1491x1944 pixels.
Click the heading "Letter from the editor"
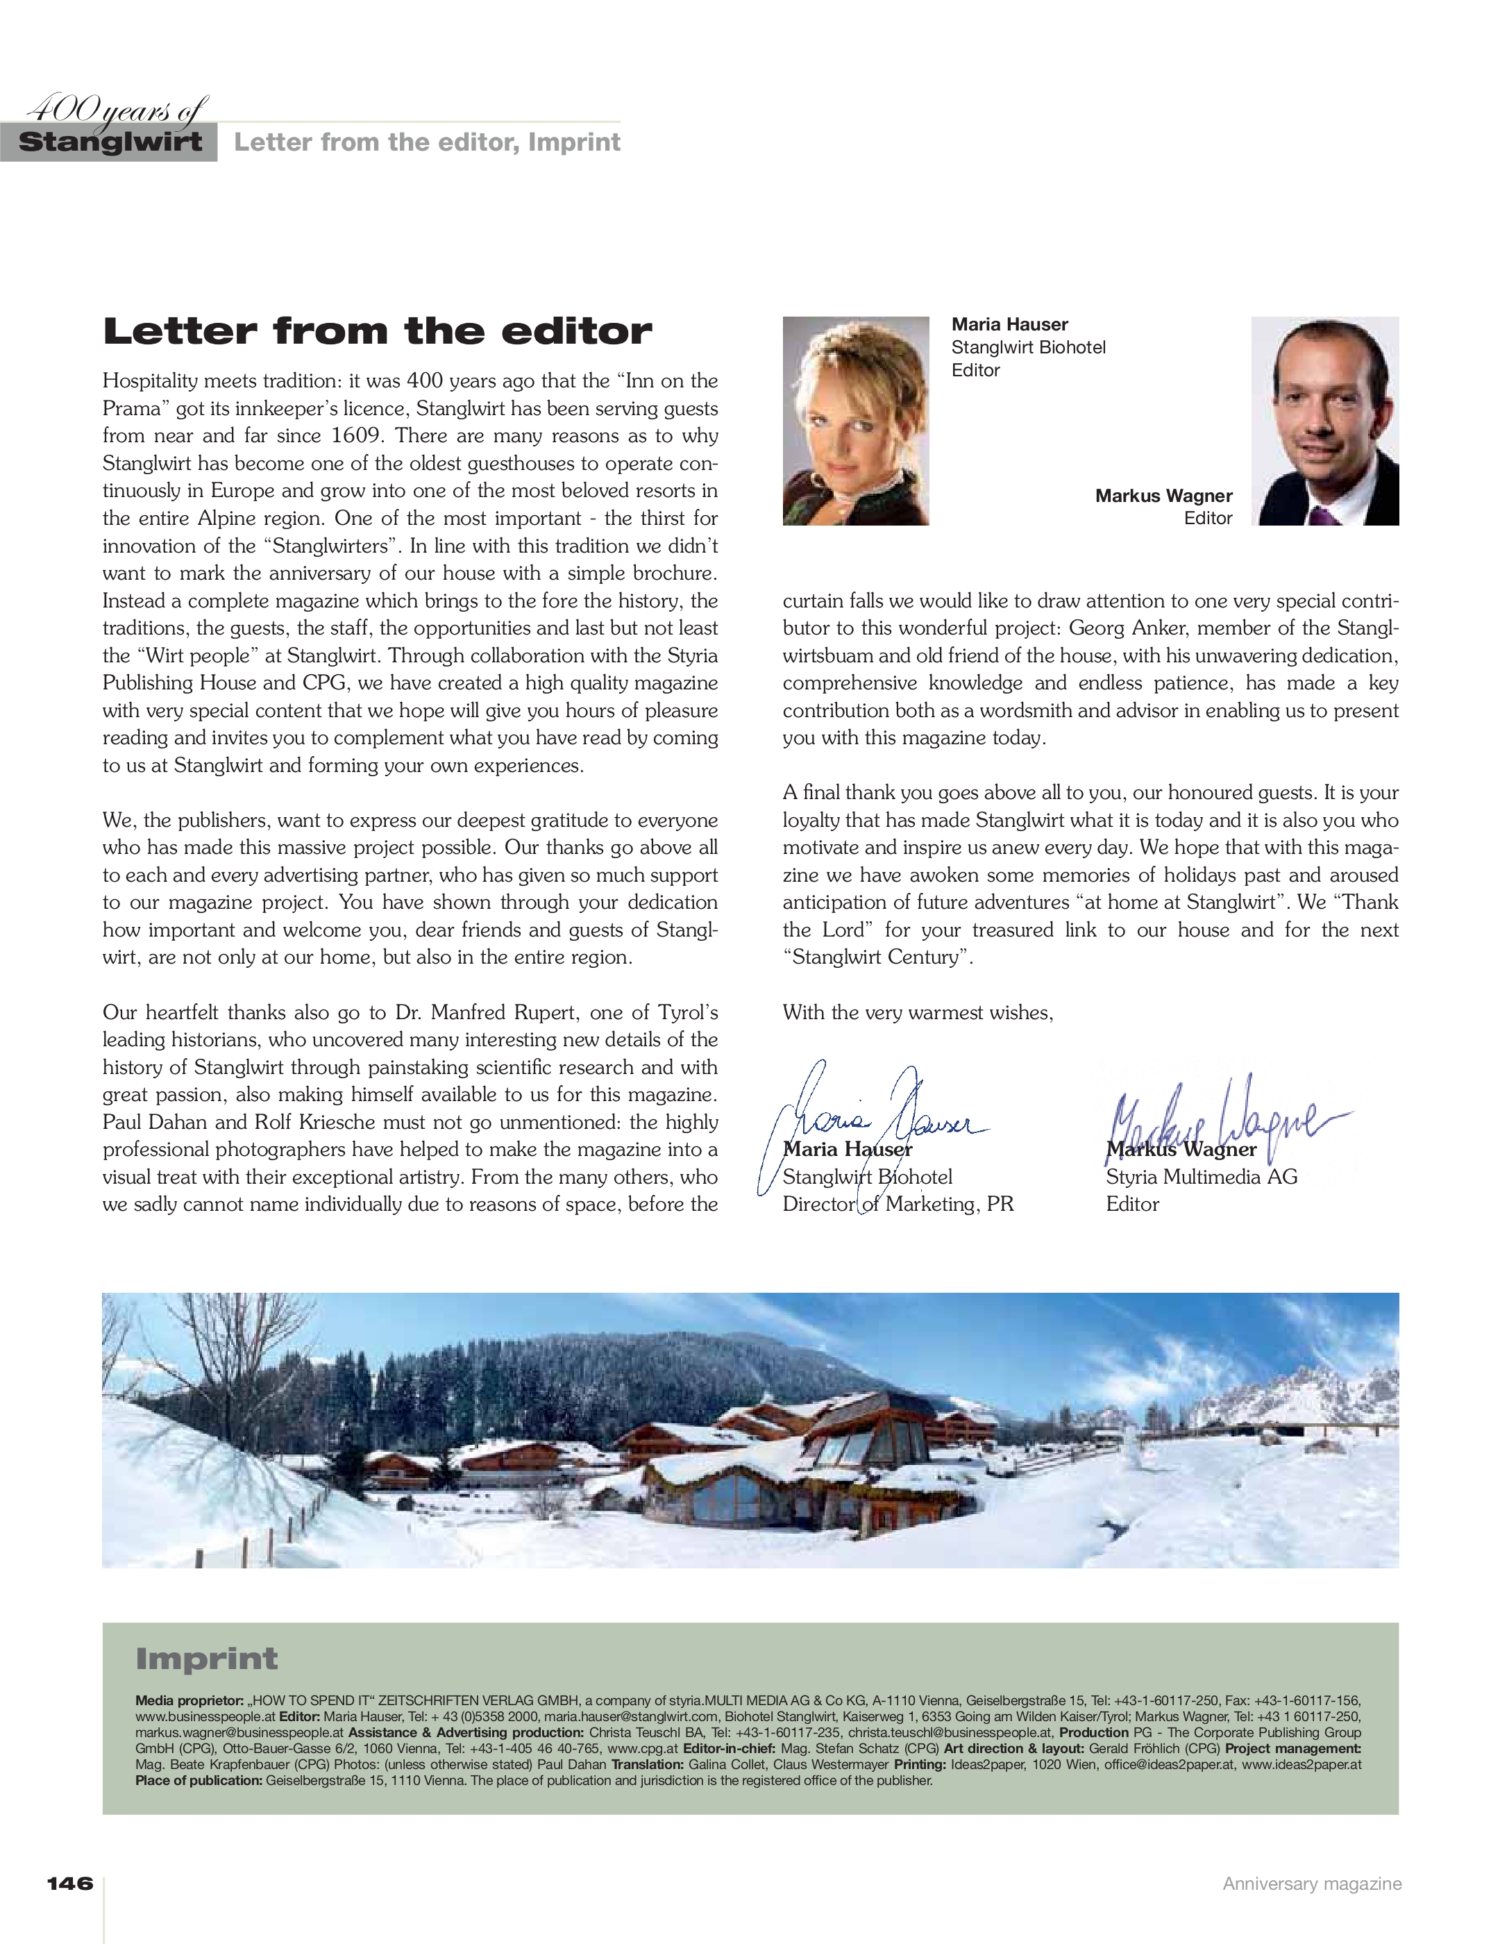(x=377, y=331)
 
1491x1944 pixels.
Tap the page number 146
(x=69, y=1884)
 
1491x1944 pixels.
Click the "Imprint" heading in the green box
(x=206, y=1658)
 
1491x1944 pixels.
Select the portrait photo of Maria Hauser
(x=856, y=421)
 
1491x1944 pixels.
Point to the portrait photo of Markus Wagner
(x=1324, y=421)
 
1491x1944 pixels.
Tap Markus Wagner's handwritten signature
(x=1224, y=1121)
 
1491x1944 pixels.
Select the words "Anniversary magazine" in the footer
(x=1312, y=1884)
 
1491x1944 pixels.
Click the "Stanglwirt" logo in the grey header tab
(x=110, y=142)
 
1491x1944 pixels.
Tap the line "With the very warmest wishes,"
(x=918, y=1013)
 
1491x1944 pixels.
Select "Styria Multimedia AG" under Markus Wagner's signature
(x=1201, y=1177)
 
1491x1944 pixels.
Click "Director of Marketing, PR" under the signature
(x=898, y=1205)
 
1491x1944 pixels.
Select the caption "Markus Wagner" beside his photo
(x=1163, y=495)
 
